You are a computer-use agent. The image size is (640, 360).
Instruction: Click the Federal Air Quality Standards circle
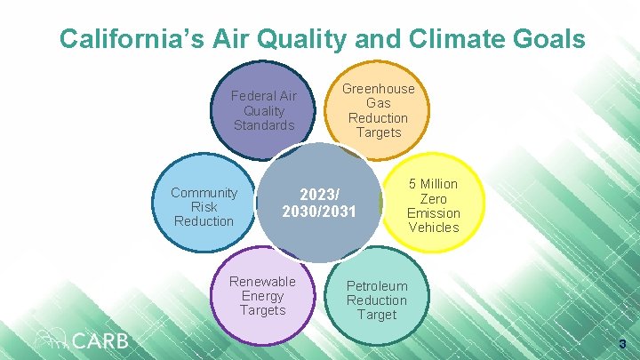tap(263, 110)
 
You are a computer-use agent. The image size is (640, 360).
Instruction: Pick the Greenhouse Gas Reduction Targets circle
tap(379, 110)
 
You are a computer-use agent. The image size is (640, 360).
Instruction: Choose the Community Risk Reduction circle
tap(204, 207)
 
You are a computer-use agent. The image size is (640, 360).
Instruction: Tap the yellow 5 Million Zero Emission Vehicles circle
tap(434, 206)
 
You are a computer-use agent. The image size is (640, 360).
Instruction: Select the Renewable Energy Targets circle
tap(263, 296)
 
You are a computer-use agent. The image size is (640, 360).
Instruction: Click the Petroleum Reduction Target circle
tap(377, 300)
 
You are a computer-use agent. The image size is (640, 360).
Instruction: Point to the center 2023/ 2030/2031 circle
tap(318, 204)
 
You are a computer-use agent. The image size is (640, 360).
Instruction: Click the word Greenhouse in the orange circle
tap(379, 89)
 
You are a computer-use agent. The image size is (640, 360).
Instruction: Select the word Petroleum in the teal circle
tap(377, 286)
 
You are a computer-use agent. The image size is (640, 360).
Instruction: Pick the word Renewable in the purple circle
tap(263, 282)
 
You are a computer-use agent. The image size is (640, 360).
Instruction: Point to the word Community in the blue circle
tap(204, 193)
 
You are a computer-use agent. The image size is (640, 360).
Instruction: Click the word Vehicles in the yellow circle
tap(434, 228)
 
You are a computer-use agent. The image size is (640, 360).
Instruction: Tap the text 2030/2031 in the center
tap(318, 212)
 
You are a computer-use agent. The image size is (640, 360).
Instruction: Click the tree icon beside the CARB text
tap(50, 339)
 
